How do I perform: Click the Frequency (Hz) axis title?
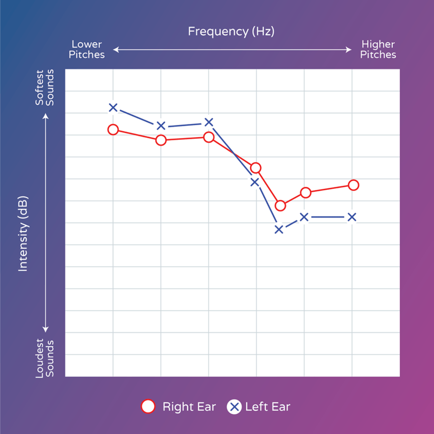coord(231,31)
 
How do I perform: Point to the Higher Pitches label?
coord(378,49)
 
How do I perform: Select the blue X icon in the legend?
coord(234,407)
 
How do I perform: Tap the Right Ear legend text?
coord(189,407)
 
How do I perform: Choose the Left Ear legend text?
coord(267,407)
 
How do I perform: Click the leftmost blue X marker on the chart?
coord(113,107)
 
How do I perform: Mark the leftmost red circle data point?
coord(113,129)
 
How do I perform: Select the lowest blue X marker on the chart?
coord(279,230)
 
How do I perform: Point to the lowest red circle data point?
coord(280,205)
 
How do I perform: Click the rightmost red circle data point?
coord(353,185)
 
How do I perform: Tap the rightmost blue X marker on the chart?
coord(352,217)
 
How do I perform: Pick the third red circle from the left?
coord(208,137)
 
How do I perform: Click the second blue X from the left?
coord(161,125)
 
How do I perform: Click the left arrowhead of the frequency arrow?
coord(115,49)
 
